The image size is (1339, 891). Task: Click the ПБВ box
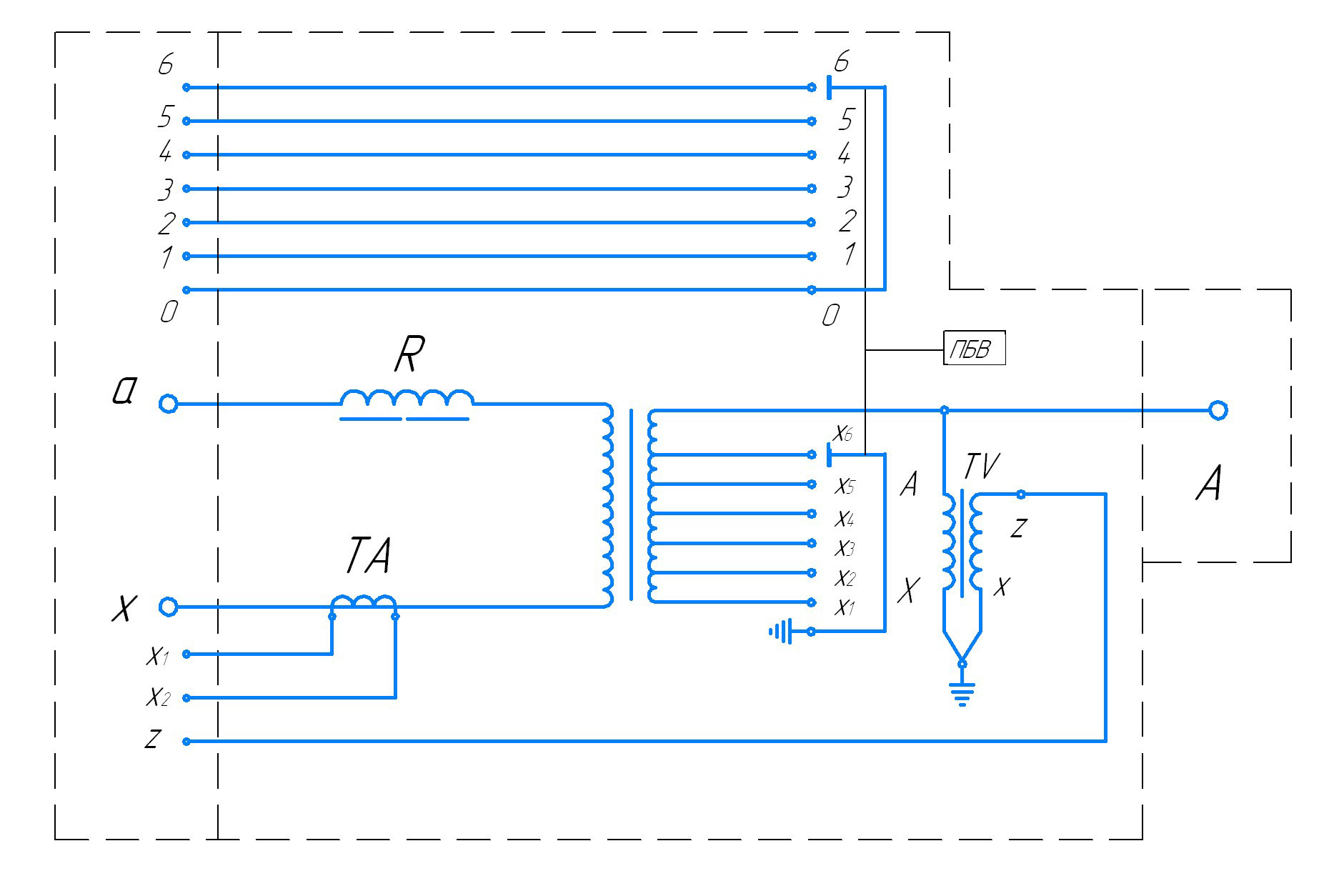[x=975, y=348]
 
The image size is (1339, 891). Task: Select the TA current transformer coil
[x=363, y=604]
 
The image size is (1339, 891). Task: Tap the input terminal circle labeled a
[x=168, y=404]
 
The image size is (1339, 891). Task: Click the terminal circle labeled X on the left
[x=168, y=607]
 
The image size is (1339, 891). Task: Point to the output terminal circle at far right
[x=1218, y=411]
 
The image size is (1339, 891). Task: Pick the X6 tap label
[x=843, y=434]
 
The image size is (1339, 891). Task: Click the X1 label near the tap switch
[x=845, y=608]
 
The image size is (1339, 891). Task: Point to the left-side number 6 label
[x=166, y=65]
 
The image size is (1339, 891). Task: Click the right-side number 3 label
[x=845, y=188]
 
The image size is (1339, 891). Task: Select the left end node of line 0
[x=186, y=290]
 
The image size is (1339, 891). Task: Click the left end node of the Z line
[x=186, y=742]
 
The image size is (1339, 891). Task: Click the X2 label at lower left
[x=158, y=697]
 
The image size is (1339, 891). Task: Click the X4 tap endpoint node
[x=812, y=514]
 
